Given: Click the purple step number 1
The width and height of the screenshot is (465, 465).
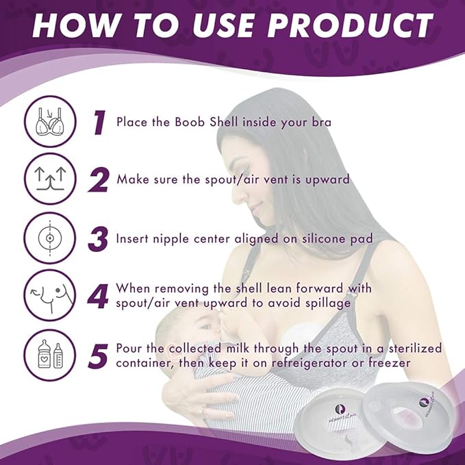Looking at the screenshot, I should [100, 123].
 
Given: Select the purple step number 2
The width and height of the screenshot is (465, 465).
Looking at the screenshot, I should [99, 180].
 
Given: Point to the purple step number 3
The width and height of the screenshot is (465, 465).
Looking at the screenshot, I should [99, 239].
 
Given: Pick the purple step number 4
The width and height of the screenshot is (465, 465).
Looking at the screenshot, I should [100, 297].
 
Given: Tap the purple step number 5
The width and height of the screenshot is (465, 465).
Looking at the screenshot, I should [100, 355].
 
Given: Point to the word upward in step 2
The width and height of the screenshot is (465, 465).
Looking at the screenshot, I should [323, 179].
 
